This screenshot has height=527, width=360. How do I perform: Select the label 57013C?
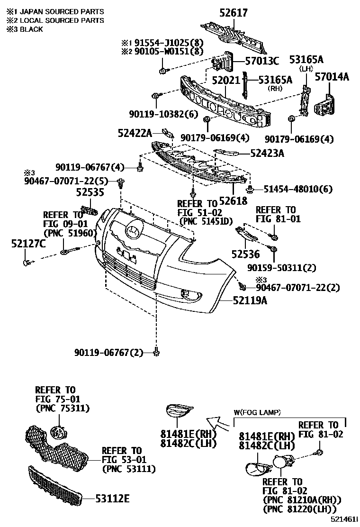point(262,61)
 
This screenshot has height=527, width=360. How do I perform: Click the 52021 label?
point(226,81)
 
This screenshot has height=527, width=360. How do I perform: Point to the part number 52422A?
point(135,133)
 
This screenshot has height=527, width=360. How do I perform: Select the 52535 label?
point(90,192)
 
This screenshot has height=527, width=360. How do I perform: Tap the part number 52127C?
point(28,244)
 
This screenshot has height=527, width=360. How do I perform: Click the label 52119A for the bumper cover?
point(250,300)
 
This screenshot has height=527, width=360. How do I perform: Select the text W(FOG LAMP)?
point(257,413)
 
